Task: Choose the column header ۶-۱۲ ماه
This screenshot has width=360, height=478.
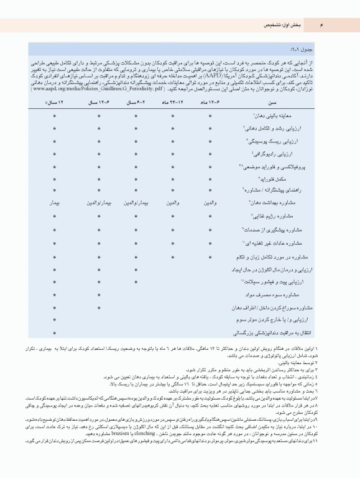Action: (210, 101)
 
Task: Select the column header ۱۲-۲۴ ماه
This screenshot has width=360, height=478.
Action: (172, 101)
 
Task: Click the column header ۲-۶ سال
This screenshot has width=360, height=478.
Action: (136, 101)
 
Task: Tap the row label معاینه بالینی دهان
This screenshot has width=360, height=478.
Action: (277, 115)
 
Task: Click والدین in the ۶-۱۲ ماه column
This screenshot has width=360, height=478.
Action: (210, 203)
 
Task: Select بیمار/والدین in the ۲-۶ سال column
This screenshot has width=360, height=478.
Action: (136, 203)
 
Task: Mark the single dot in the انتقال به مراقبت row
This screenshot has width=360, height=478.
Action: (55, 334)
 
